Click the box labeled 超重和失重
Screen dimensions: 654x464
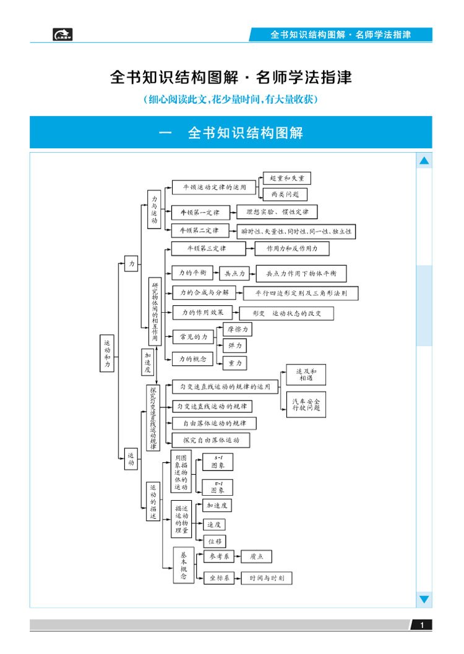coord(286,178)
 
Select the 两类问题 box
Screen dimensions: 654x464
coord(285,194)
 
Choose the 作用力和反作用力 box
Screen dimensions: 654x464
coord(292,248)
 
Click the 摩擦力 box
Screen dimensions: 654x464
coord(238,329)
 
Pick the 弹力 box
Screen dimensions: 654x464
coord(235,346)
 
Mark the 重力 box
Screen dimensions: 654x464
coord(235,363)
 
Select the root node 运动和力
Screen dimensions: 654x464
coord(108,354)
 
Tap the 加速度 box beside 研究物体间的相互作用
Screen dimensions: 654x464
coord(148,363)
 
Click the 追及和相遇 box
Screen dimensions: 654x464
coord(306,375)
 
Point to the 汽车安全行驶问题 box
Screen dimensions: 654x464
coord(306,405)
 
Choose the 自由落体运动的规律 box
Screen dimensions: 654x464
coord(214,423)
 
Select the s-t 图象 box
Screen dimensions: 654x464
coord(218,461)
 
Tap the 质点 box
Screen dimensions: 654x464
coord(256,557)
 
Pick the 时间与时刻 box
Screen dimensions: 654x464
coord(267,579)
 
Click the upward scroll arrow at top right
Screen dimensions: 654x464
coord(424,161)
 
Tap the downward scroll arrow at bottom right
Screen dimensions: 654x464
coord(424,599)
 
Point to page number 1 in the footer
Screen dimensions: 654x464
coord(422,626)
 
